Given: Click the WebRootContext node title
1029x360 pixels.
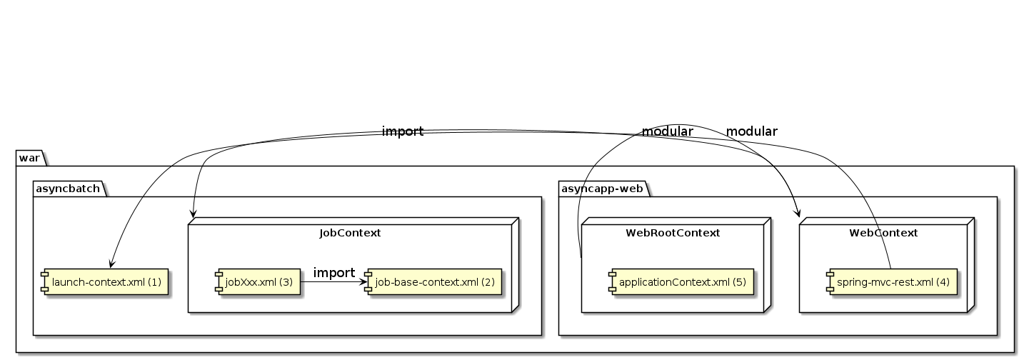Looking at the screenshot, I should click(672, 232).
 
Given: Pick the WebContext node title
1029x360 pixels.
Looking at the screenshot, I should click(883, 232).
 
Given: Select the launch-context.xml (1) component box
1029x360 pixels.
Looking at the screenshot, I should click(104, 282).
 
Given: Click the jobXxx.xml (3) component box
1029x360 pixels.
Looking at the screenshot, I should click(258, 281).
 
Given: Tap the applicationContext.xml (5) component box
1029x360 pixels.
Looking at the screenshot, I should click(681, 281).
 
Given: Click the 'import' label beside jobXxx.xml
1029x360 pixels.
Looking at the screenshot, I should click(333, 273).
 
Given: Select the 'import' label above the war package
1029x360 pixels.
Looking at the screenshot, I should click(403, 131).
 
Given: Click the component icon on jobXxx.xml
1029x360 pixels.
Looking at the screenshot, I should click(220, 281).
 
